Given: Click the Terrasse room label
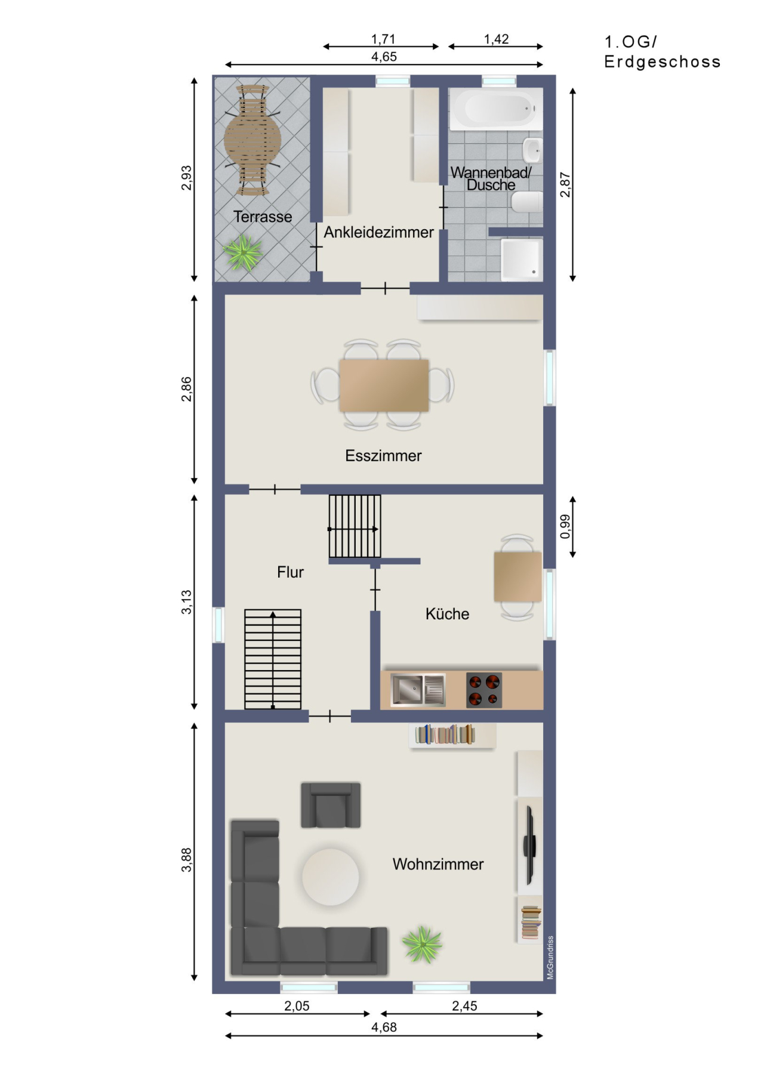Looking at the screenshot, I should coord(263,217).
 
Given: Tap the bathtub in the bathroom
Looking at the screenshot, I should coord(496,109).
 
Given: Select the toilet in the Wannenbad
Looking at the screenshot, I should coord(526,202).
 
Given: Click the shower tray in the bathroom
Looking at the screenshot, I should coord(522,259).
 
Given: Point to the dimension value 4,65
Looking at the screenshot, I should coord(384,57).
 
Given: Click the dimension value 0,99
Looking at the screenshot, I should coord(565,526).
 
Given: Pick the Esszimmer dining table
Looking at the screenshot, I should coord(384,385).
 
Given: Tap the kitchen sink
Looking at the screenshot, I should coord(417,689).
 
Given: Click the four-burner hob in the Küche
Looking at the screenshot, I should coord(484,690).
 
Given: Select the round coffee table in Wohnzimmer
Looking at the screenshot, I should coord(331,877).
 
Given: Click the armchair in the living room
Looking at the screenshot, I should coord(331,805).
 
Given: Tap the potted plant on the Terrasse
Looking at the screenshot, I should coord(244,252).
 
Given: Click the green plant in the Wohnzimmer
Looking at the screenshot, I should coord(422,944).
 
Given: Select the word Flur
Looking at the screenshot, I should coord(290,572).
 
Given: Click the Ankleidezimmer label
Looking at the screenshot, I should coord(378,232).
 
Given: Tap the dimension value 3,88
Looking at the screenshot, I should coord(187,859).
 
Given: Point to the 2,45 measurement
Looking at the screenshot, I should coord(464,1006).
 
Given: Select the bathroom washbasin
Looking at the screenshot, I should coord(532,150).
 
